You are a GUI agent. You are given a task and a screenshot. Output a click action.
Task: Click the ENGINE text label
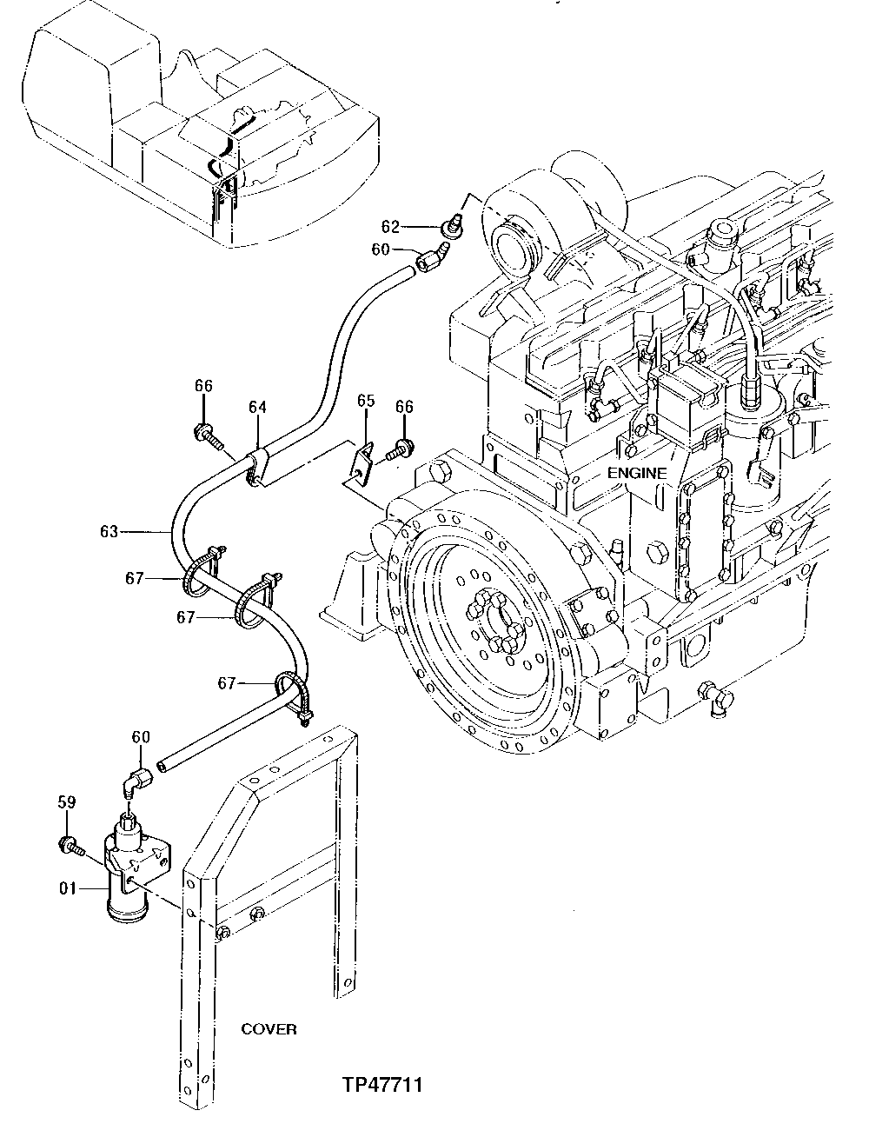coord(636,474)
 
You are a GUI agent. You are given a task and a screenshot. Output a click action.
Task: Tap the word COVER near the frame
coord(269,1029)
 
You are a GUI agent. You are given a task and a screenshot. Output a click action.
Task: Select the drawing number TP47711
coord(381,1086)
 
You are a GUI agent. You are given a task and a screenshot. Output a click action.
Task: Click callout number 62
coord(391,228)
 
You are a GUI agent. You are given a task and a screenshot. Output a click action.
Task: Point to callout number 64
coord(257,407)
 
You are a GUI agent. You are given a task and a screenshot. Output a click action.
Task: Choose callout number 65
coord(366,401)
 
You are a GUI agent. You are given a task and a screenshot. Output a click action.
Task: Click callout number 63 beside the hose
coord(109,531)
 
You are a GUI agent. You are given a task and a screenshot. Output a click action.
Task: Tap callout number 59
coord(68,802)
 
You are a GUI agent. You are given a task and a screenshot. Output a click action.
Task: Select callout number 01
coord(70,888)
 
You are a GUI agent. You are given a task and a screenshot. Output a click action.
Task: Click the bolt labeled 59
coord(70,843)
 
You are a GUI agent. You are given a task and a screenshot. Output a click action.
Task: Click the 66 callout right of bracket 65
coord(404,407)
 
